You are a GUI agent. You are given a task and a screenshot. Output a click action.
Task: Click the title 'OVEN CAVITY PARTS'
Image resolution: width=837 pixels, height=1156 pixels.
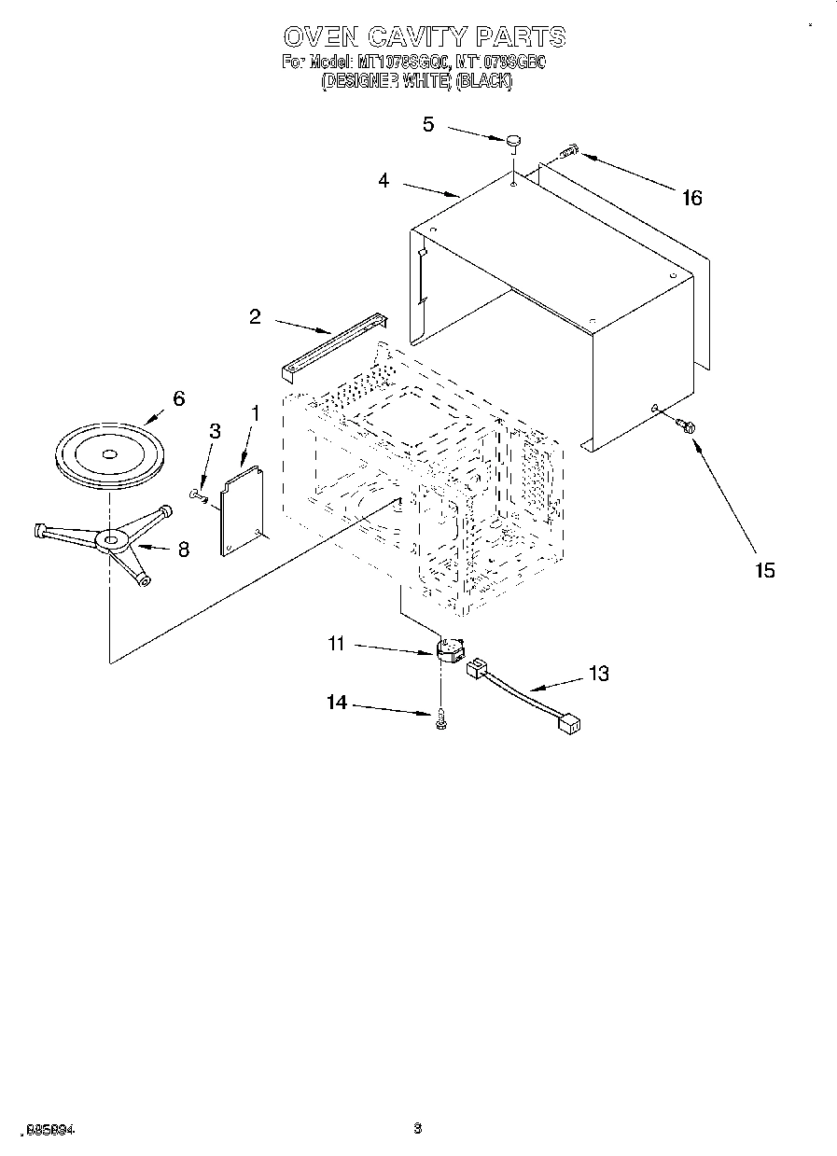click(x=424, y=36)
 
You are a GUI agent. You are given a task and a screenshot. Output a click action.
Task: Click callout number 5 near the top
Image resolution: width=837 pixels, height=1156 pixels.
click(x=428, y=124)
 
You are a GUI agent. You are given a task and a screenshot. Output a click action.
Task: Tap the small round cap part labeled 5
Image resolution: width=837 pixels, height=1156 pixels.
click(x=514, y=142)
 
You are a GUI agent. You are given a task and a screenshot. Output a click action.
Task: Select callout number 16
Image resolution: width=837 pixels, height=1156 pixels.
click(x=691, y=198)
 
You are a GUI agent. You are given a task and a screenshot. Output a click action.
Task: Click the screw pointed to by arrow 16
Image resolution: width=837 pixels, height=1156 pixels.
click(x=568, y=150)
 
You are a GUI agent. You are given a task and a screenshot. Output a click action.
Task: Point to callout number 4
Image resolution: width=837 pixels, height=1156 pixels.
click(x=384, y=181)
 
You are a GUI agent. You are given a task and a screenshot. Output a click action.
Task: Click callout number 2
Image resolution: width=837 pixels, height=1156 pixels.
click(x=255, y=317)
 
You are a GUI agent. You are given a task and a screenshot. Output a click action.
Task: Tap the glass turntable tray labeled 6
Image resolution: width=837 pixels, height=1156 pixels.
click(x=109, y=454)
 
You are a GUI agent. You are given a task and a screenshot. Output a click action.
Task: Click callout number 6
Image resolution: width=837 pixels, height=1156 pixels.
click(x=179, y=398)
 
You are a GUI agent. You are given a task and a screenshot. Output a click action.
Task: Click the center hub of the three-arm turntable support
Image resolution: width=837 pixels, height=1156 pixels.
click(x=111, y=539)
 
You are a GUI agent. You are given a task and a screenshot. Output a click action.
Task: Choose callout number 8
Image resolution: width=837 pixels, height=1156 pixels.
click(x=183, y=550)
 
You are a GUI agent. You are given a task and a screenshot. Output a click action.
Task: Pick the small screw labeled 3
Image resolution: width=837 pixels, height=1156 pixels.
click(x=198, y=493)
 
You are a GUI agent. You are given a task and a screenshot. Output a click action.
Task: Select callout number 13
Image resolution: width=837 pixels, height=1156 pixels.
click(x=598, y=673)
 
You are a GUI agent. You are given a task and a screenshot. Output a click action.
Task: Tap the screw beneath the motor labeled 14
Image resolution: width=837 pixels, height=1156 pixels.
click(x=441, y=717)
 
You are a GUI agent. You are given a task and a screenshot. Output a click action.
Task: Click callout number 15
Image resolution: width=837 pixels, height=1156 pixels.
click(x=764, y=570)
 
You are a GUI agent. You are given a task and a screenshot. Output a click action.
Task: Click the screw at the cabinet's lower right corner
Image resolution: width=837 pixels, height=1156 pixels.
click(x=689, y=426)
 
